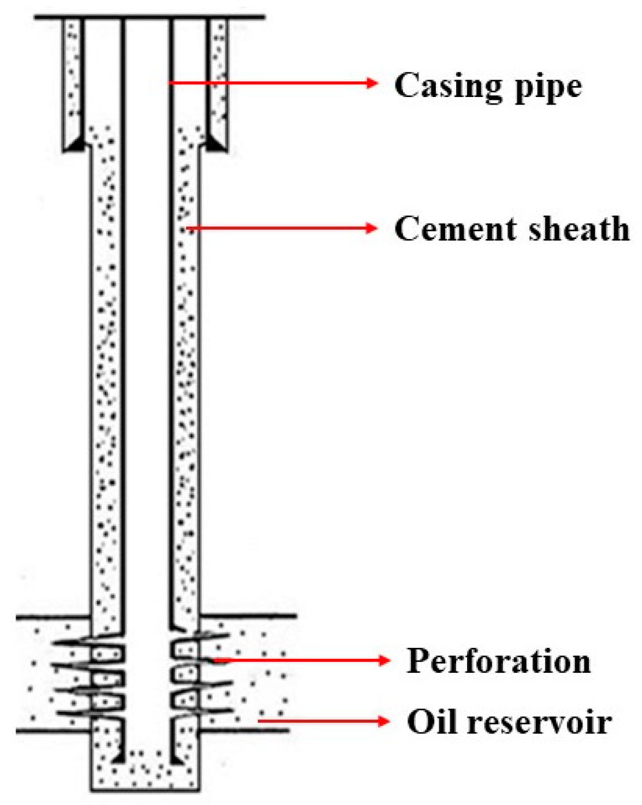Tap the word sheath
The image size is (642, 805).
point(579,229)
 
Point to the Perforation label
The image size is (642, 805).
point(499,661)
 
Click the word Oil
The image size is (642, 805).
point(428,722)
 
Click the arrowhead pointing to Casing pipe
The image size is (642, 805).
point(372,83)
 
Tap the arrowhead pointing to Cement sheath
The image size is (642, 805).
point(372,229)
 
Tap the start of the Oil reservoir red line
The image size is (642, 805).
point(259,721)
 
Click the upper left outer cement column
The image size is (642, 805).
point(73,75)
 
